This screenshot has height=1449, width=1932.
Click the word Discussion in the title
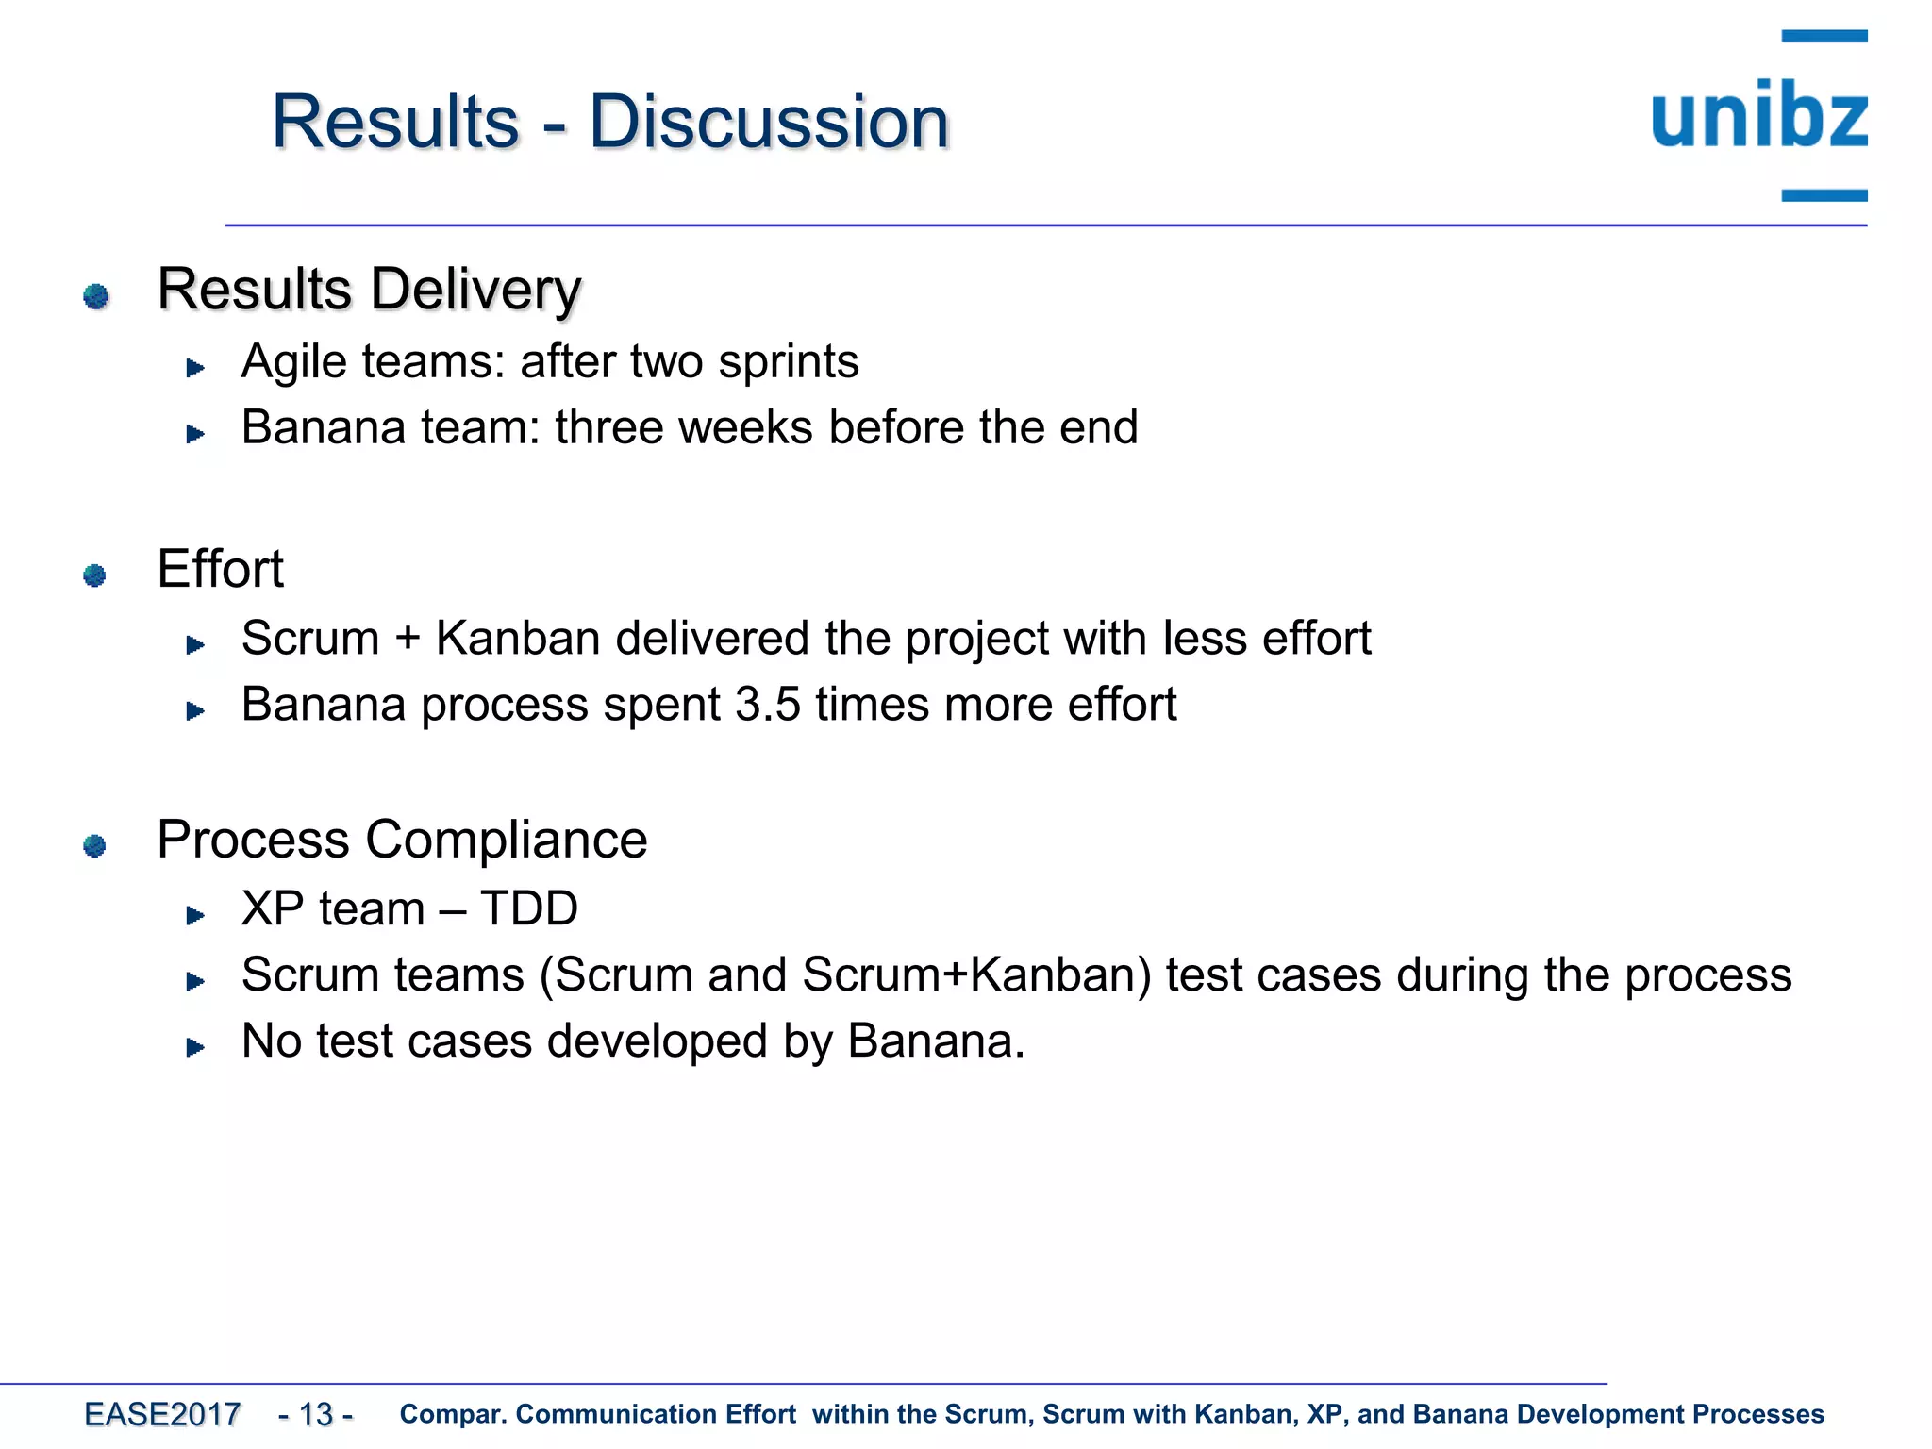pos(769,123)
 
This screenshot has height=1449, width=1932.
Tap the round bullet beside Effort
pos(94,575)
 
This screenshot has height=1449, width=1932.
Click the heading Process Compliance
pos(402,839)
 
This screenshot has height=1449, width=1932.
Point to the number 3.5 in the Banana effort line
pos(767,705)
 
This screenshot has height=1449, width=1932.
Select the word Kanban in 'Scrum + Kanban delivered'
pos(518,639)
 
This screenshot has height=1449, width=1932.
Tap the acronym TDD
pos(528,908)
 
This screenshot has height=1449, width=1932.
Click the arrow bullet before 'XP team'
pos(195,915)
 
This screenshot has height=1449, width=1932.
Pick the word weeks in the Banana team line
pos(745,427)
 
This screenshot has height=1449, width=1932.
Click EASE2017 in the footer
pos(162,1414)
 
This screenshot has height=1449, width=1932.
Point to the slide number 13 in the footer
pos(316,1414)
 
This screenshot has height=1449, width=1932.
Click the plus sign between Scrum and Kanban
pos(408,639)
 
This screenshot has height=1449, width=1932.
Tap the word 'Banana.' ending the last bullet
pos(936,1041)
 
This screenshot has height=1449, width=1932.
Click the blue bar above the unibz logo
pos(1824,36)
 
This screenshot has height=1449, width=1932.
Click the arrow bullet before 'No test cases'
pos(195,1047)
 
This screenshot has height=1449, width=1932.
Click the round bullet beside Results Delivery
pos(95,296)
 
